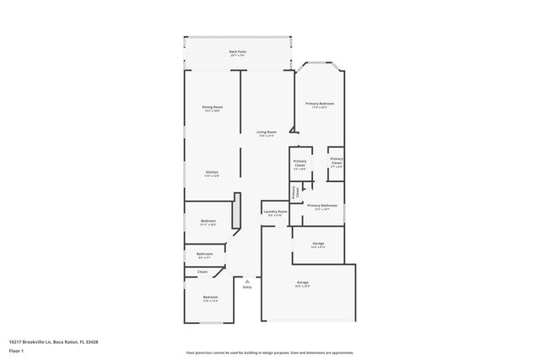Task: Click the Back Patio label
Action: pos(238,52)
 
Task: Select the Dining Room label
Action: pos(212,108)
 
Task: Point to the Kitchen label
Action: pos(212,173)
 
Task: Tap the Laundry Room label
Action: pos(274,212)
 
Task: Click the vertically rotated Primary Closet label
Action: pos(295,192)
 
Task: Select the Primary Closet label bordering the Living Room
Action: pos(300,164)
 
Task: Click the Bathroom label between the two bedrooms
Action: pos(204,255)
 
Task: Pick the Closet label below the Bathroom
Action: pos(202,271)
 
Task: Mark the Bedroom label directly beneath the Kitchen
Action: pos(208,222)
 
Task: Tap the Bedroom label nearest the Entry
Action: pos(210,298)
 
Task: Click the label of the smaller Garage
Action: pos(317,244)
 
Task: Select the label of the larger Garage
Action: pos(302,283)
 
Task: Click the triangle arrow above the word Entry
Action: pos(247,280)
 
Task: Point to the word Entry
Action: pos(247,287)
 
